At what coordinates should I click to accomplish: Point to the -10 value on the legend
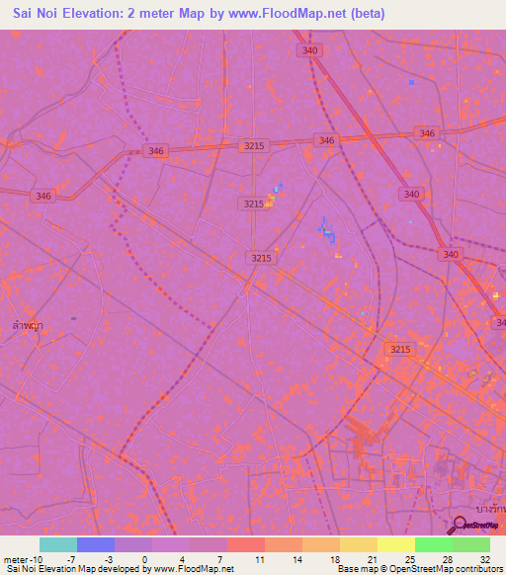[x=36, y=558]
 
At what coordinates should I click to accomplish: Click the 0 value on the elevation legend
[x=145, y=558]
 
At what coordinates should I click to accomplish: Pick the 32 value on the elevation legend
[x=485, y=558]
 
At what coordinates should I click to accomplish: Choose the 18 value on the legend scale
[x=335, y=558]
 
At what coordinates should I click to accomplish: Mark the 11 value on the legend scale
[x=260, y=558]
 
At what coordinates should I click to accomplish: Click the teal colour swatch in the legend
[x=58, y=544]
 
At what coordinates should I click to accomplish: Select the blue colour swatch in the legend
[x=96, y=544]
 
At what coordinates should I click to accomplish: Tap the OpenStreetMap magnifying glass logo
[x=459, y=525]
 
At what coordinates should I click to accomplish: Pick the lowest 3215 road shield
[x=400, y=350]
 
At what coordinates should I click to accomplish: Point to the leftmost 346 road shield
[x=42, y=197]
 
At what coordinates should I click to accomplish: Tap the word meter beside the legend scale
[x=14, y=558]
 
